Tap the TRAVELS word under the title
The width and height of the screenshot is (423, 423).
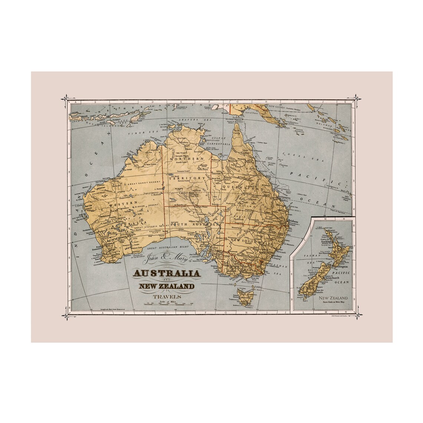coord(167,296)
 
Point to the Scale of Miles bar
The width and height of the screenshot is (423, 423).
coord(169,304)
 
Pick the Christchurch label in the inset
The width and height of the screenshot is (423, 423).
coord(335,277)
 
